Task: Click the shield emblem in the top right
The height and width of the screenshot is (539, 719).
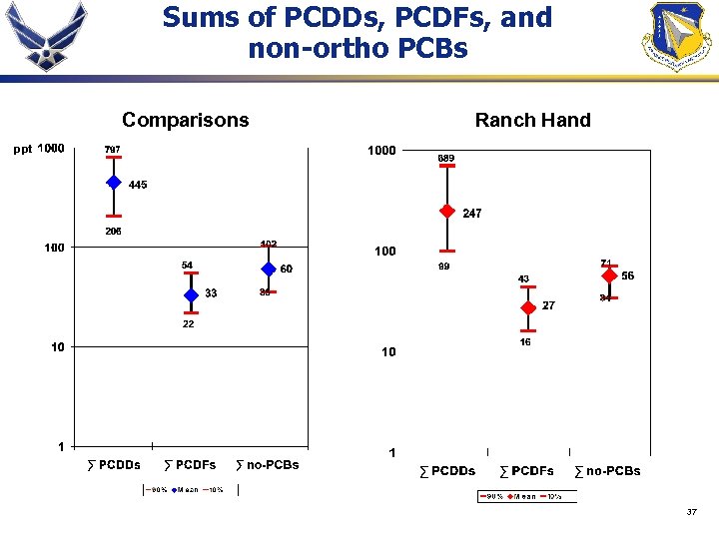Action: click(x=679, y=37)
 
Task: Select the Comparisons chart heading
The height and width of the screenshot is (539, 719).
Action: click(x=185, y=120)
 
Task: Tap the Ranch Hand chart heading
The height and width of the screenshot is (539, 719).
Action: click(x=532, y=120)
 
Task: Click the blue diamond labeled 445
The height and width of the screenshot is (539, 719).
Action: click(x=114, y=183)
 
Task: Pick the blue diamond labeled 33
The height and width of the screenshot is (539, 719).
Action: click(x=191, y=294)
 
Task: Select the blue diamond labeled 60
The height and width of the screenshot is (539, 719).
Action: click(x=268, y=269)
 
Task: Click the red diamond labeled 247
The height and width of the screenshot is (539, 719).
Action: click(x=447, y=212)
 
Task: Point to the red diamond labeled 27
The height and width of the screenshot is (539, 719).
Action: click(x=528, y=307)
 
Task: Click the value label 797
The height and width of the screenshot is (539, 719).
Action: click(x=113, y=150)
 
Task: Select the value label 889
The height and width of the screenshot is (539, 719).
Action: click(x=447, y=158)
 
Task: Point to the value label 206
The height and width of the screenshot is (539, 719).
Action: click(x=113, y=232)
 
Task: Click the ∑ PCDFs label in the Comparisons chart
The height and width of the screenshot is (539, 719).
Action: click(x=190, y=464)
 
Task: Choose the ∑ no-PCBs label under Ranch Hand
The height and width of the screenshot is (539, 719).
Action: click(x=608, y=470)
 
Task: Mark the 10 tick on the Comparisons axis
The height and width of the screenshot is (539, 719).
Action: click(x=59, y=347)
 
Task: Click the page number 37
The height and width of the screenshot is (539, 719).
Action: click(x=691, y=512)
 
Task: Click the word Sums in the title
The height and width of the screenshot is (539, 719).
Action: click(x=200, y=18)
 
